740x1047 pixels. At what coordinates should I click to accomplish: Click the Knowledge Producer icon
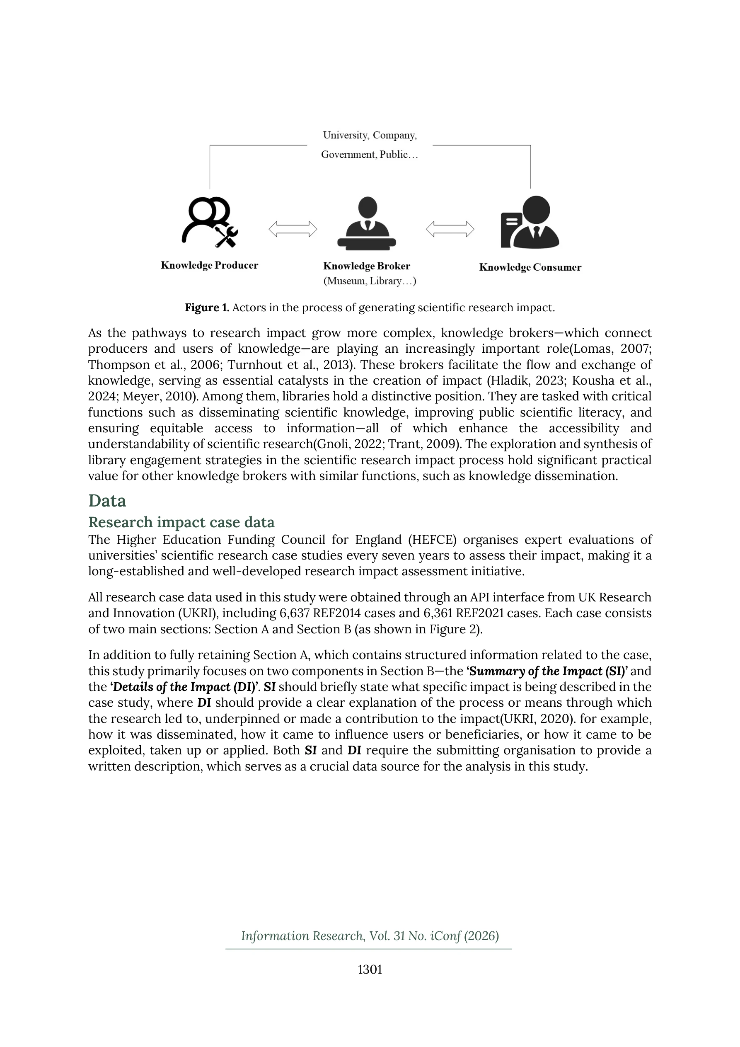pyautogui.click(x=209, y=222)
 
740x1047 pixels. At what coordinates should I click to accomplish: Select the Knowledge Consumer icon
pyautogui.click(x=530, y=223)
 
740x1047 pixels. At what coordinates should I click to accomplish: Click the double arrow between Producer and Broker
pyautogui.click(x=293, y=229)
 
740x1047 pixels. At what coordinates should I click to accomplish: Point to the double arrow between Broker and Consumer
pyautogui.click(x=450, y=229)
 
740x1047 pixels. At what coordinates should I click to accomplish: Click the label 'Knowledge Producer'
pyautogui.click(x=209, y=265)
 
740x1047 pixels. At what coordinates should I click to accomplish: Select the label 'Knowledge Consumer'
pyautogui.click(x=530, y=267)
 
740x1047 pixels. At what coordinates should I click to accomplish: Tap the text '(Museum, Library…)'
pyautogui.click(x=370, y=281)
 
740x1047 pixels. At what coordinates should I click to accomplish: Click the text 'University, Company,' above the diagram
pyautogui.click(x=370, y=135)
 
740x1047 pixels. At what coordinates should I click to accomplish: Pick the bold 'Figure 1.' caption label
pyautogui.click(x=206, y=308)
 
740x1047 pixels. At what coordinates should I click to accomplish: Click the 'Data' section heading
pyautogui.click(x=107, y=501)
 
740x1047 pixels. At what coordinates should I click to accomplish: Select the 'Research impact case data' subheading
pyautogui.click(x=181, y=522)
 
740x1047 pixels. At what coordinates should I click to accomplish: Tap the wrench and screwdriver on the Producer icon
pyautogui.click(x=226, y=237)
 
